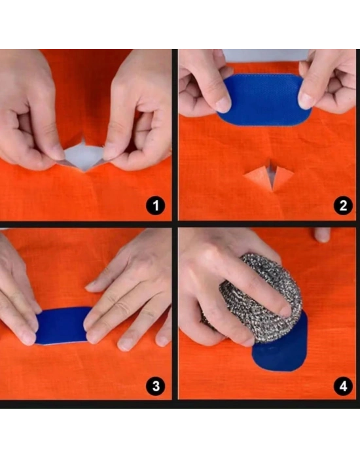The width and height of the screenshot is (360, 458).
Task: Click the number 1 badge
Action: point(156,205)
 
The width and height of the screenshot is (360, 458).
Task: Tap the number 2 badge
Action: point(343,205)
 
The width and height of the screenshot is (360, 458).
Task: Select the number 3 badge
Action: point(156,386)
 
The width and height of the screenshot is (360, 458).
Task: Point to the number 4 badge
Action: point(343,386)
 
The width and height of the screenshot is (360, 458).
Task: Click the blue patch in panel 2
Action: point(264,100)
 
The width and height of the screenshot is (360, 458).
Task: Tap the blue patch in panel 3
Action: point(62,325)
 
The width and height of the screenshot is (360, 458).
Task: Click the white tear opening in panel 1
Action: point(84,156)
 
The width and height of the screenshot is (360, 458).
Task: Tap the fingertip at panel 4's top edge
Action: point(322,235)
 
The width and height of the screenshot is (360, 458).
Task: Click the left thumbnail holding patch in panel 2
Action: point(223,105)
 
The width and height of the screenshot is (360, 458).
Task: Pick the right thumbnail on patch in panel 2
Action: point(305,101)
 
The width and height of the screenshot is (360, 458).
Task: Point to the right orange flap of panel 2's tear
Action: point(283,177)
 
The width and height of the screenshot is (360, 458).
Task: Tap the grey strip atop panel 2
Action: point(265,56)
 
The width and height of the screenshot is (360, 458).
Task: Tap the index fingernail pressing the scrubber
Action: point(285,311)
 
